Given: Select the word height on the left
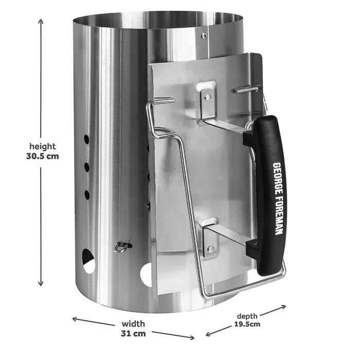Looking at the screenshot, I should (x=42, y=147).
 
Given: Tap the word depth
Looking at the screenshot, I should (x=247, y=315).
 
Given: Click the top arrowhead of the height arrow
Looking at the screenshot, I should (x=41, y=22).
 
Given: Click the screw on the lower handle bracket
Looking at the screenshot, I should (x=210, y=249).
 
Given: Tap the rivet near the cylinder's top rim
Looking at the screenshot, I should (x=204, y=35).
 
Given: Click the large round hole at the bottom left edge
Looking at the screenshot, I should (x=88, y=261).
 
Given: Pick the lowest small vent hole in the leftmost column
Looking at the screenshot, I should (x=86, y=194).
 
